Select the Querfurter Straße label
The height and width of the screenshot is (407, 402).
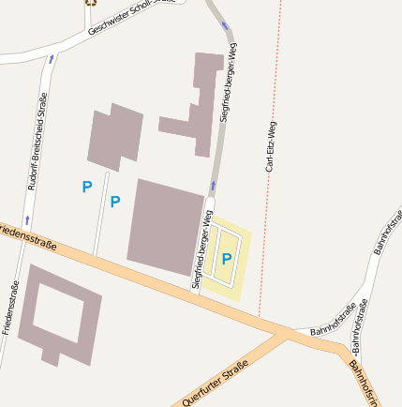coord(216,383)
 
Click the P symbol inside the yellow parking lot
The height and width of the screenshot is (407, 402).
coord(226,258)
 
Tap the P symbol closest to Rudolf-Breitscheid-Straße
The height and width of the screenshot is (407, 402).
coord(86,188)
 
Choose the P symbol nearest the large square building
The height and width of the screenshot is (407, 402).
coord(115,202)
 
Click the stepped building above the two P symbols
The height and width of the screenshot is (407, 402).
coord(115,137)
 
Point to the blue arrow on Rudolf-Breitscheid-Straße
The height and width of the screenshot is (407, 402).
coord(51,58)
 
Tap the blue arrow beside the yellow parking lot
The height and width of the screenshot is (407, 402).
coord(213,186)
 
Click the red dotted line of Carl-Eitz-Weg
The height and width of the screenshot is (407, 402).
coord(266,234)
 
